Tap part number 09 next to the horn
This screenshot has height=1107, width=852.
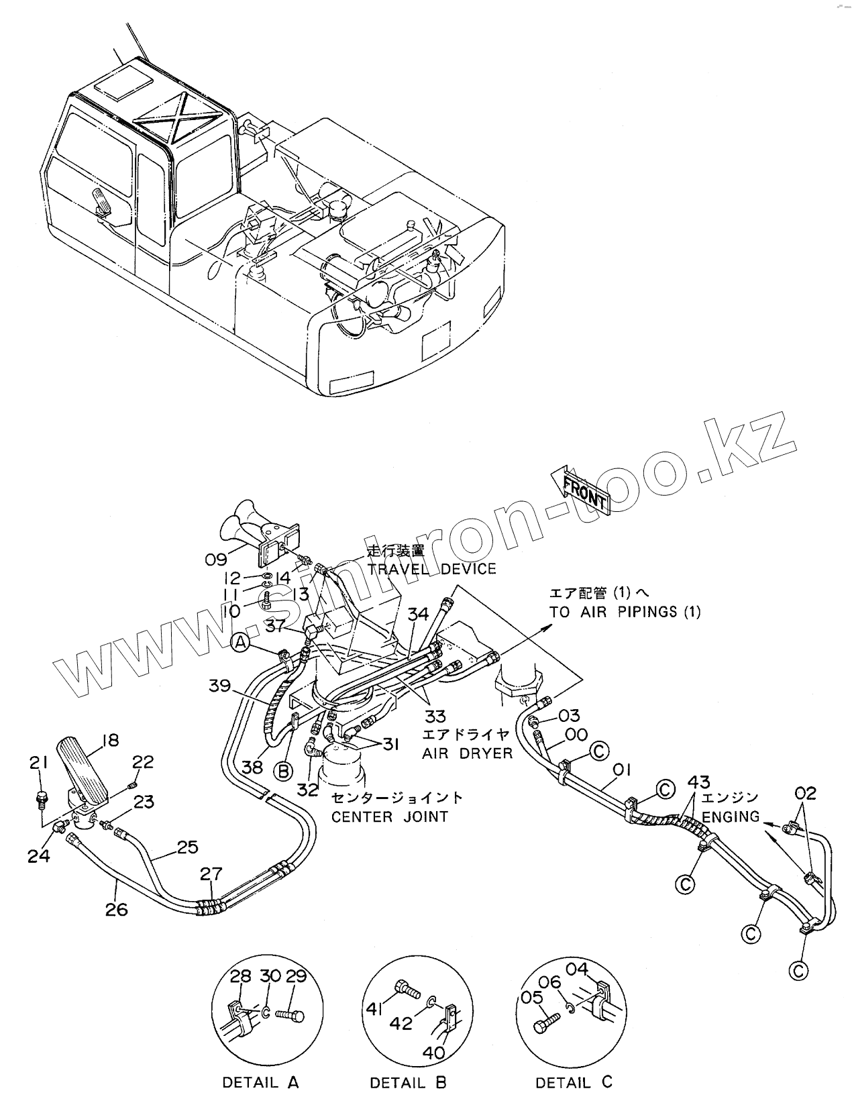coord(217,557)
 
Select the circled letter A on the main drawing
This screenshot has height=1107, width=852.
coord(242,644)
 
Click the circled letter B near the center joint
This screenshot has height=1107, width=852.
coord(284,771)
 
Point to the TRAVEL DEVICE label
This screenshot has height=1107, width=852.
coord(431,569)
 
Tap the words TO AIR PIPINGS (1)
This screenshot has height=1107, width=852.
coord(625,612)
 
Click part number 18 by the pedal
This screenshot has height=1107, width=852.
coord(110,740)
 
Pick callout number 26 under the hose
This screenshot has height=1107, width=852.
coord(116,910)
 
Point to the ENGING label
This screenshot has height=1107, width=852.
coord(731,816)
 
